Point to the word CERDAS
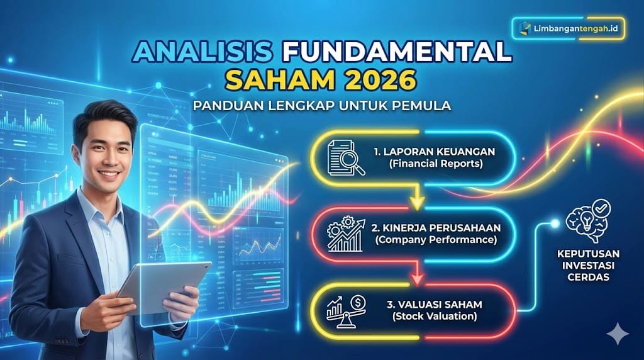pos(587,276)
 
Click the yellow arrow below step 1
pos(415,201)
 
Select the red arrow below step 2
pos(415,278)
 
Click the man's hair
pos(104,116)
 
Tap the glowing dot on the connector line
pos(555,223)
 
